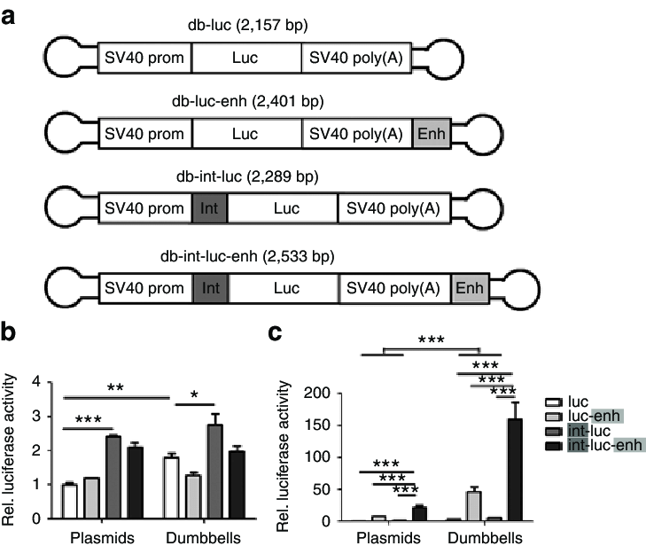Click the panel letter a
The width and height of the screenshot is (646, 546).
coord(11,15)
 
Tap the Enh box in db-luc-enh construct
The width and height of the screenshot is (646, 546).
coord(424,134)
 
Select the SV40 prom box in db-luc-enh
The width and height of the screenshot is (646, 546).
coord(144,134)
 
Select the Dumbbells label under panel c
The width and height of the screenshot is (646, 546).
coord(479,537)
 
